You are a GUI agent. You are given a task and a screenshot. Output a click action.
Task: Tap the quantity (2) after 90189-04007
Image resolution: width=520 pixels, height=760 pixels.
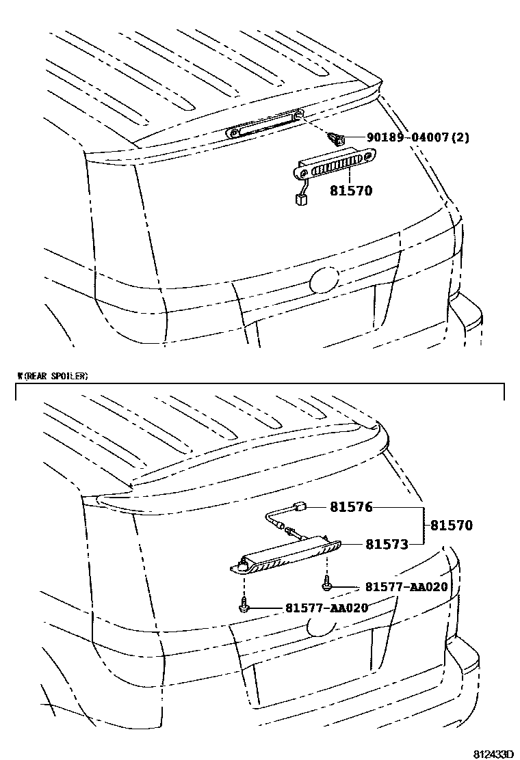click(x=460, y=138)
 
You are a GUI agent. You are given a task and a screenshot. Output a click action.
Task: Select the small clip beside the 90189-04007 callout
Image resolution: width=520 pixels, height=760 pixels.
click(x=337, y=139)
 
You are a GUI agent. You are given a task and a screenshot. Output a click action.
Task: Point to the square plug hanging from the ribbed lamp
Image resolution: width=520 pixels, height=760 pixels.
click(x=299, y=199)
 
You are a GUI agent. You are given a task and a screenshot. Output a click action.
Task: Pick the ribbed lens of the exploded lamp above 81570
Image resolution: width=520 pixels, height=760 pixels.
click(x=339, y=165)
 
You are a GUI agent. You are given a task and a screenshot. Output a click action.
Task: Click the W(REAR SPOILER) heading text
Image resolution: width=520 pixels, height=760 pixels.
click(x=53, y=376)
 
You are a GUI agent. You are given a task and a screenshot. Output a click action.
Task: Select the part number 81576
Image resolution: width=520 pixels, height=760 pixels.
click(x=351, y=508)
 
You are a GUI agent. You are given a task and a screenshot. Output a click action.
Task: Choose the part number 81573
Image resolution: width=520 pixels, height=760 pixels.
click(x=387, y=544)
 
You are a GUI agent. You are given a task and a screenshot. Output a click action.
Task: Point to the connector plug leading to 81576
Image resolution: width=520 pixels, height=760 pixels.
click(x=298, y=508)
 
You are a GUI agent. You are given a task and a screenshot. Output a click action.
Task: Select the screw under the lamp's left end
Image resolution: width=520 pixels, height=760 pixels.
click(x=244, y=605)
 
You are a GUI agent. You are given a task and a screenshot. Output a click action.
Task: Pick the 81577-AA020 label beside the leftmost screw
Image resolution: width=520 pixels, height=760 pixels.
click(x=326, y=608)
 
